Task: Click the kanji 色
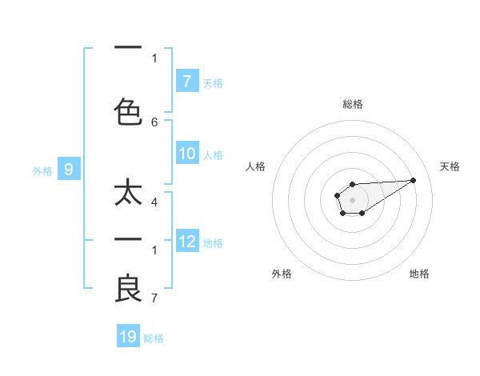[128, 112]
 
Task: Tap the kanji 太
[128, 194]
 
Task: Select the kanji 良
[128, 288]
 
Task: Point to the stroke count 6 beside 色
[154, 122]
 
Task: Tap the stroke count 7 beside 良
[154, 298]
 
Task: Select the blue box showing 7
[186, 82]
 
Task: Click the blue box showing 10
[186, 154]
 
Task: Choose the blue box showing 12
[186, 242]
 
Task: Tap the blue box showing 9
[69, 170]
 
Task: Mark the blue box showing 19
[128, 337]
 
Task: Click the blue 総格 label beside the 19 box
[154, 338]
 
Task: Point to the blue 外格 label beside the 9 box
[42, 170]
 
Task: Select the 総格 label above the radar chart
[352, 104]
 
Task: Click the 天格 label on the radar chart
[450, 166]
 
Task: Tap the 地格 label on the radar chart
[419, 274]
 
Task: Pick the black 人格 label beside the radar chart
[256, 166]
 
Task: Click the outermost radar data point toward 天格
[414, 179]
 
